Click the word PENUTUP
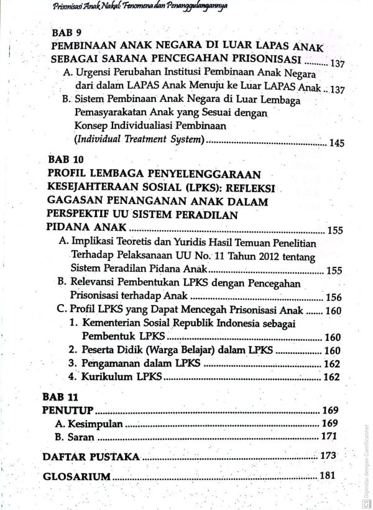68,410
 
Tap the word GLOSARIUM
76,477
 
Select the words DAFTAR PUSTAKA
91,457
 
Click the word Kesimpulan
96,424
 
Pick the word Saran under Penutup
82,437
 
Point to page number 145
336,144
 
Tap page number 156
333,297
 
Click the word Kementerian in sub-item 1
119,323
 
